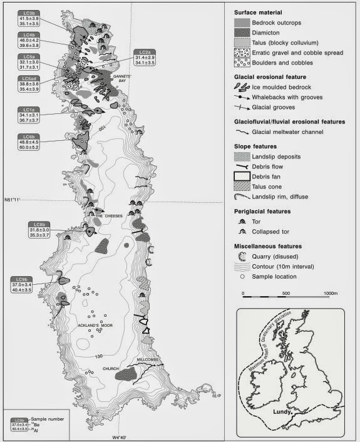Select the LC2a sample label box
coord(145,58)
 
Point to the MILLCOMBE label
coord(150,361)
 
